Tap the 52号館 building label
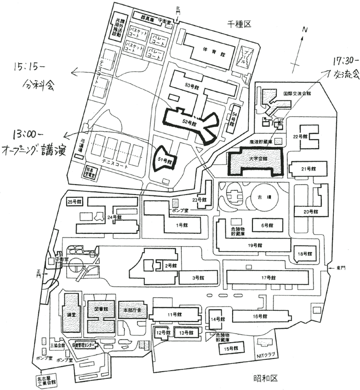(190, 122)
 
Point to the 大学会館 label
(257, 159)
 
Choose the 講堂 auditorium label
(71, 314)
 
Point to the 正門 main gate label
(39, 273)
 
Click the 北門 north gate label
(178, 9)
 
